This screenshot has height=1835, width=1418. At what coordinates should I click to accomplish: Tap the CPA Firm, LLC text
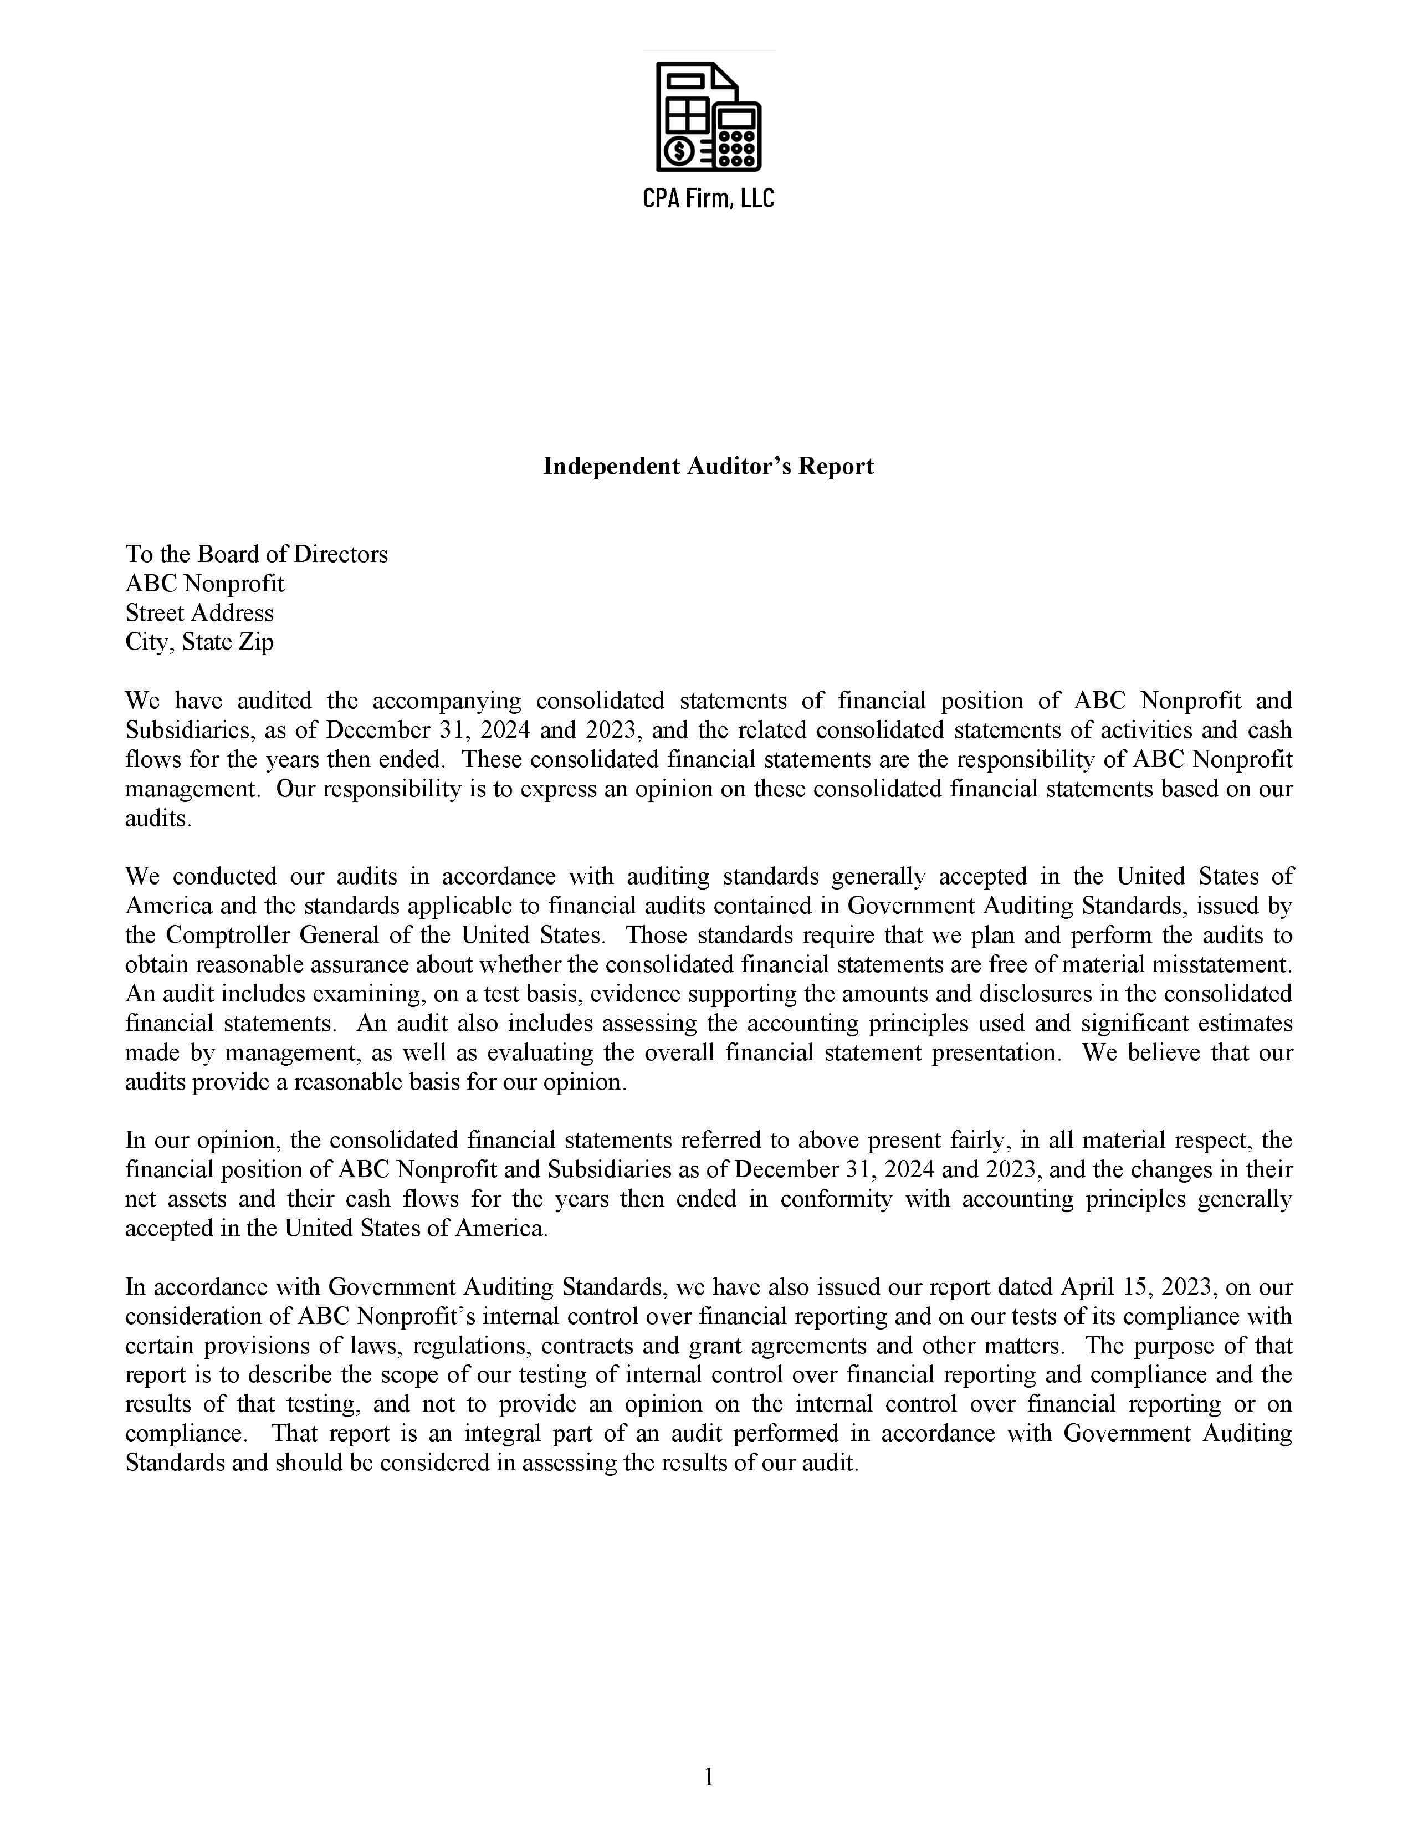point(708,198)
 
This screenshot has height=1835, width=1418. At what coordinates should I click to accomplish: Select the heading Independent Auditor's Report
point(708,466)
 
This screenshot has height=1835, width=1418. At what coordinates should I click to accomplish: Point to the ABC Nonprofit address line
point(205,584)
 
